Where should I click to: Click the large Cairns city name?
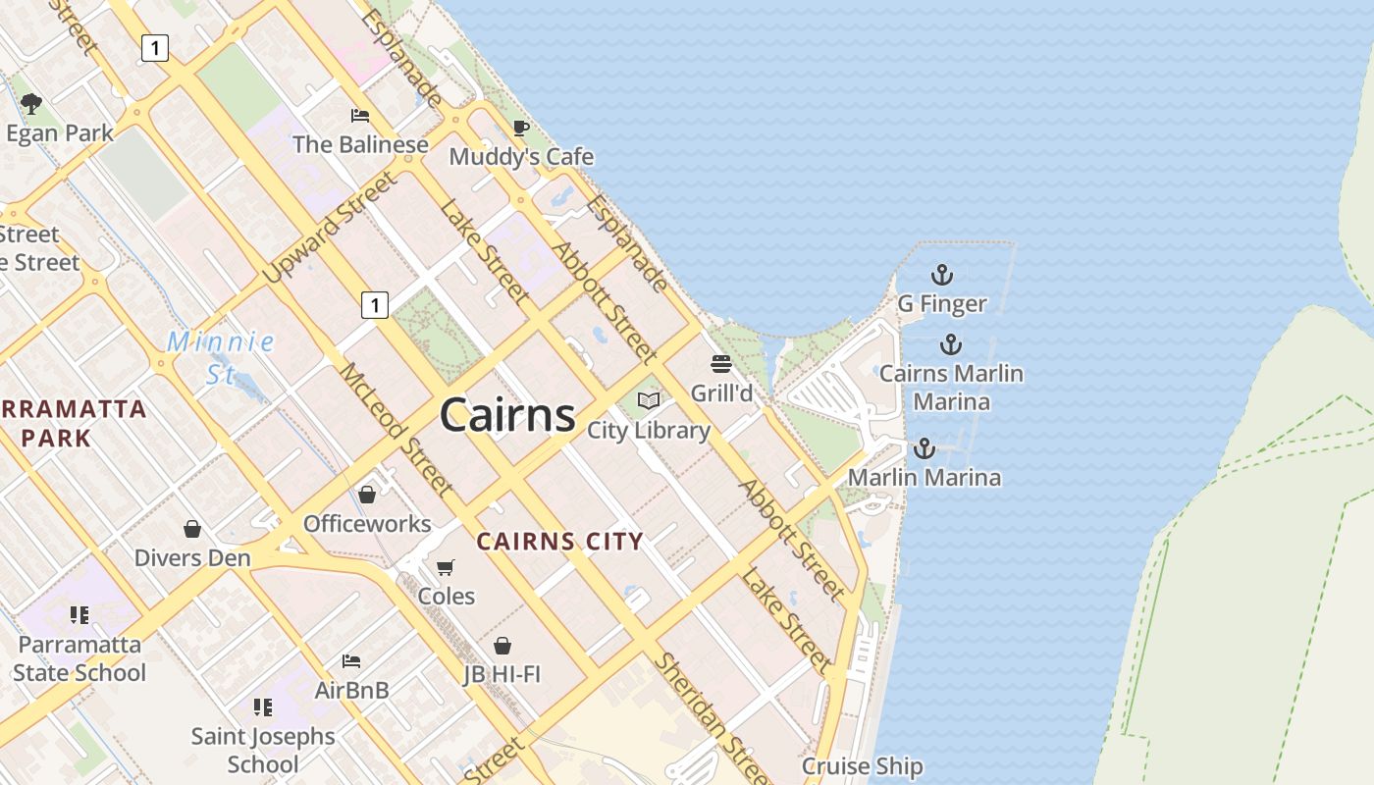pyautogui.click(x=507, y=415)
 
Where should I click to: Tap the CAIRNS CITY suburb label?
pyautogui.click(x=559, y=541)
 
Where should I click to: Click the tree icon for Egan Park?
pyautogui.click(x=31, y=103)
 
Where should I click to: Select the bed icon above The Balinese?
pyautogui.click(x=360, y=116)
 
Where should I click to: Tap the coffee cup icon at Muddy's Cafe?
pyautogui.click(x=521, y=128)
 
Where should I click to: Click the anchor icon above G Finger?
pyautogui.click(x=942, y=275)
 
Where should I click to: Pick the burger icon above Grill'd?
pyautogui.click(x=722, y=365)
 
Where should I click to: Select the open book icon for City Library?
pyautogui.click(x=649, y=400)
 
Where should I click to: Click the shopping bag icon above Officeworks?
pyautogui.click(x=367, y=494)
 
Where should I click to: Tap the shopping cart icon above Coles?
pyautogui.click(x=446, y=567)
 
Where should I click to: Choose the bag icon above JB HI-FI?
pyautogui.click(x=502, y=645)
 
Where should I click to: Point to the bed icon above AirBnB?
pyautogui.click(x=351, y=660)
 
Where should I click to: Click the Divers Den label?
pyautogui.click(x=192, y=557)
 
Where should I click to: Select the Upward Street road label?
pyautogui.click(x=332, y=228)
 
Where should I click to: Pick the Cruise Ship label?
pyautogui.click(x=863, y=766)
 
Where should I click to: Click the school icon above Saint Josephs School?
pyautogui.click(x=262, y=706)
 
